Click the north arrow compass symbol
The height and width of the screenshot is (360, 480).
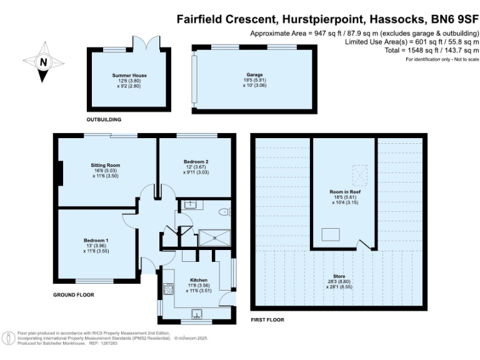coord(42,62)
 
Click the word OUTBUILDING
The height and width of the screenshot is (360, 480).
coord(104,119)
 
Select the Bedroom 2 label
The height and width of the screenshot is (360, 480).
coord(196,166)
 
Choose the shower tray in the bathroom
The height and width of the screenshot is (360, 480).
coord(214,237)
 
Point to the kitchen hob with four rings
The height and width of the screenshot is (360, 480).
coord(167,289)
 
